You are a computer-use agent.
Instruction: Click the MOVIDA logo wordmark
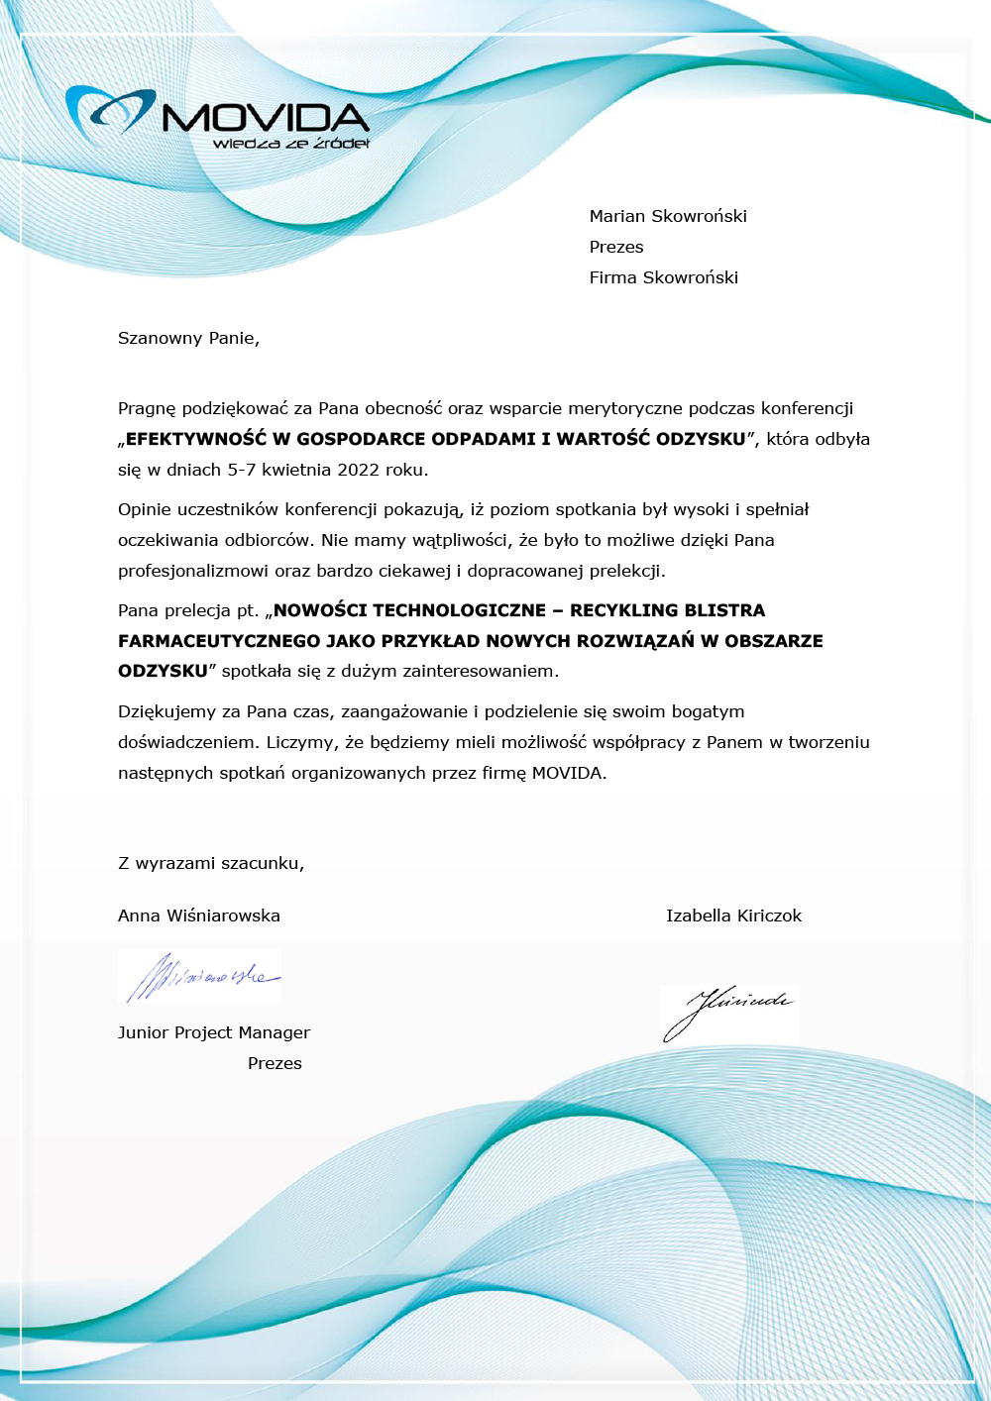tap(266, 117)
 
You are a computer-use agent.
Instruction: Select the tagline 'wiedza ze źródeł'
tap(290, 144)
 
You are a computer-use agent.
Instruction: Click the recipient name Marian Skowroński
tap(668, 216)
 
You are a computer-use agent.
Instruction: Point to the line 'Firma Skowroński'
tap(663, 277)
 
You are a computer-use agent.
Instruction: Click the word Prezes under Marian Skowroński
tap(616, 247)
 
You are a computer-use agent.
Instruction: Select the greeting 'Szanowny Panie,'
tap(188, 338)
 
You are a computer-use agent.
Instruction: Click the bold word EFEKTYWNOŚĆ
tap(196, 439)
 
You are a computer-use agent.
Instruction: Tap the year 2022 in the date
tap(359, 470)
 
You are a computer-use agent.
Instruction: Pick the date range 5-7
tap(242, 470)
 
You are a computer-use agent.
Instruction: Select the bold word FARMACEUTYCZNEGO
tap(219, 641)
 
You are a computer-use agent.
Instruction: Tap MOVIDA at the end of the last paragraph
tap(567, 773)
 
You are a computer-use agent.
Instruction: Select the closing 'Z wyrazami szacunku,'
tap(211, 863)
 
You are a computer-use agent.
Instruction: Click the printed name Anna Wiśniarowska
tap(199, 916)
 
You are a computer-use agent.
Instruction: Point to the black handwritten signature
tap(728, 1011)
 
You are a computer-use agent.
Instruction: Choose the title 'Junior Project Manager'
tap(214, 1032)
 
